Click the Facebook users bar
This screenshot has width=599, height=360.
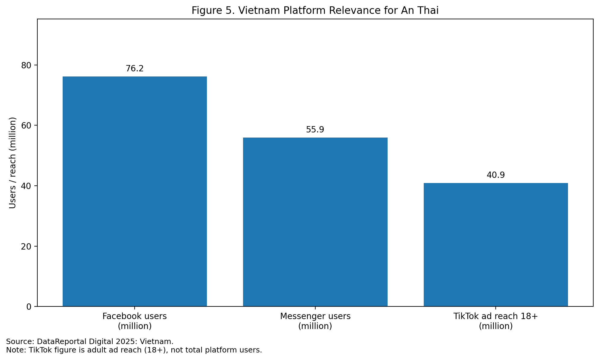tap(135, 191)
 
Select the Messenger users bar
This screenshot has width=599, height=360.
tap(315, 222)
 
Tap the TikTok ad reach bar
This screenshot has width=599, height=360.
tap(496, 244)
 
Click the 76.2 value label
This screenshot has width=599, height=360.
tap(135, 69)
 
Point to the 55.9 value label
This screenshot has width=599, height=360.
tap(315, 130)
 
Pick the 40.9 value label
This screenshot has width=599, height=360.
tap(496, 175)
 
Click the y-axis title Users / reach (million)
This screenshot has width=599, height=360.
tap(12, 163)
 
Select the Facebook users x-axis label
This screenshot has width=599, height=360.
tap(135, 321)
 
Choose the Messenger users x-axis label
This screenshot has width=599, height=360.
tap(315, 321)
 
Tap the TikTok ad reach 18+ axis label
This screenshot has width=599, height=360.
tap(496, 321)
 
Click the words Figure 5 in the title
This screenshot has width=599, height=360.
tap(213, 11)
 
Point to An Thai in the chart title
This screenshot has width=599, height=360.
tap(420, 11)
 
